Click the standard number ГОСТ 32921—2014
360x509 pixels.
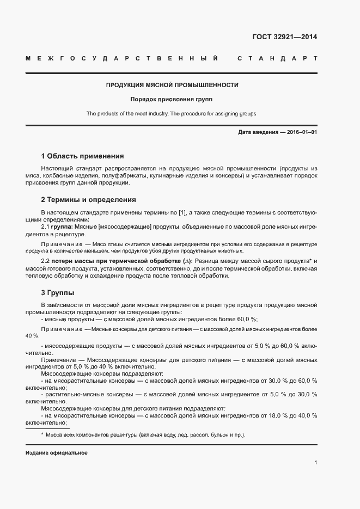click(285, 38)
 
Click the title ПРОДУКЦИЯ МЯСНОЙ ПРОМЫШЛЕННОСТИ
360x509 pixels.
click(172, 85)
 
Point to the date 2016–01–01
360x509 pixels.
click(302, 133)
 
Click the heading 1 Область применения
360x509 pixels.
click(82, 156)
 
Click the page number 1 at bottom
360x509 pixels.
click(315, 463)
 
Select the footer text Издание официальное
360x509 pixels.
click(56, 453)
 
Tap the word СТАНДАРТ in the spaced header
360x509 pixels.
click(277, 58)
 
